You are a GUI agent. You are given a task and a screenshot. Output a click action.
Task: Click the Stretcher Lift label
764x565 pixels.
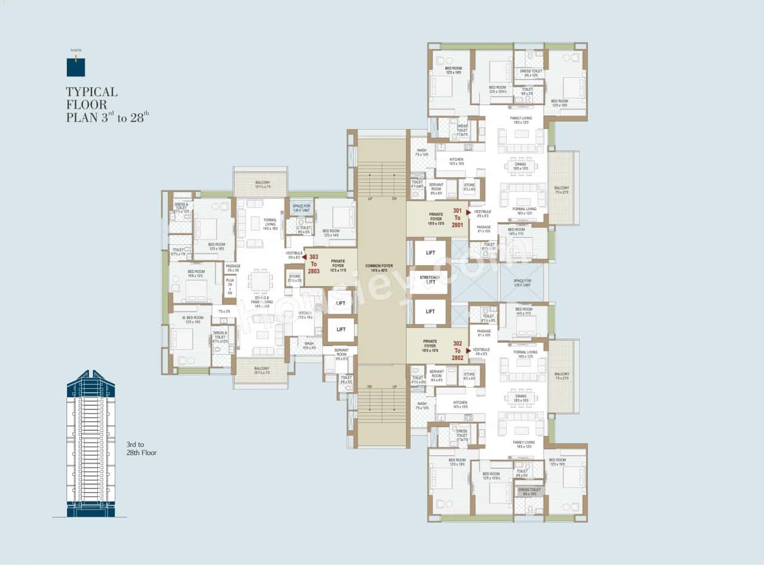[430, 280]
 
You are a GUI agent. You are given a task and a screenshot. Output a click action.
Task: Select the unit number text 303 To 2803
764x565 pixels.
[314, 263]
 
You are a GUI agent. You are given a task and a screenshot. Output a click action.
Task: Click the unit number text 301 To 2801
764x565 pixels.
[457, 217]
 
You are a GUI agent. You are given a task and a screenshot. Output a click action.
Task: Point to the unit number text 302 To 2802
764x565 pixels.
[458, 351]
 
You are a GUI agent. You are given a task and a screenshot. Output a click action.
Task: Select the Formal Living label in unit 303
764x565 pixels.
[270, 224]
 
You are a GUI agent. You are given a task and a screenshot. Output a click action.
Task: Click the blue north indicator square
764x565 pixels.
[76, 67]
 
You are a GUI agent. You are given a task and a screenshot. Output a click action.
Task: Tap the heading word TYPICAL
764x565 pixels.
[91, 92]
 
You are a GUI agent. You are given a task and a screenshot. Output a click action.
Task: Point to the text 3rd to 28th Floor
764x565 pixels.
[141, 449]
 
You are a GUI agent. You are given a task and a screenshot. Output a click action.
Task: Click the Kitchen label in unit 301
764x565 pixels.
[456, 161]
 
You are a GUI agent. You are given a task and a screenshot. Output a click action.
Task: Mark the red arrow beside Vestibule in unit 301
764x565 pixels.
[469, 211]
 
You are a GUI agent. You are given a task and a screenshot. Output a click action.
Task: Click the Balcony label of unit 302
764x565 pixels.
[562, 376]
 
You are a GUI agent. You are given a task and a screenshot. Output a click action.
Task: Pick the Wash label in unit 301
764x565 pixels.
[422, 152]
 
